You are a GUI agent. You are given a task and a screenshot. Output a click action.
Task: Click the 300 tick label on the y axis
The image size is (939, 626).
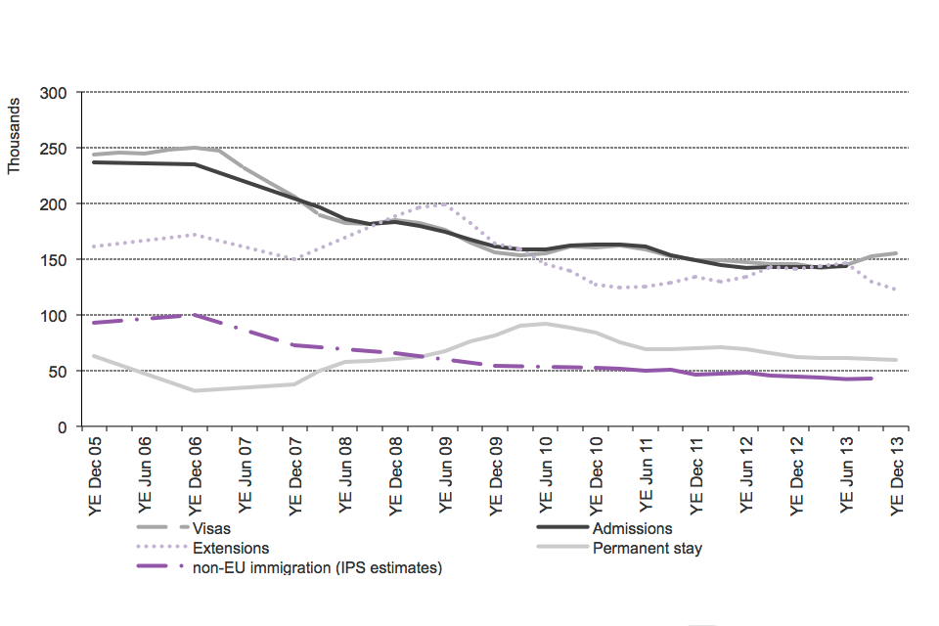coord(53,93)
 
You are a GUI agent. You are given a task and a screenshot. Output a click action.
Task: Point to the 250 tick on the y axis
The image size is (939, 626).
coord(53,149)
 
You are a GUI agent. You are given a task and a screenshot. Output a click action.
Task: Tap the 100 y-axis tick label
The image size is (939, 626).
coord(53,316)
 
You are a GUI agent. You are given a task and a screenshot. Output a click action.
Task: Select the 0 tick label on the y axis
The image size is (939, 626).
coord(61,427)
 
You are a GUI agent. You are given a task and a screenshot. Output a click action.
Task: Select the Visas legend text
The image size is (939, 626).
coord(214,529)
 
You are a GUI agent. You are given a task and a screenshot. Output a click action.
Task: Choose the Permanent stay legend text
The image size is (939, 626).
coord(647,548)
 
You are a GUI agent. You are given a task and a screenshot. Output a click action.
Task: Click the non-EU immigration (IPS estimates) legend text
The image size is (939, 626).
coord(318,566)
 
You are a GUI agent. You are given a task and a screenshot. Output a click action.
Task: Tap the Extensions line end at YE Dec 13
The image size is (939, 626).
coord(896,290)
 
